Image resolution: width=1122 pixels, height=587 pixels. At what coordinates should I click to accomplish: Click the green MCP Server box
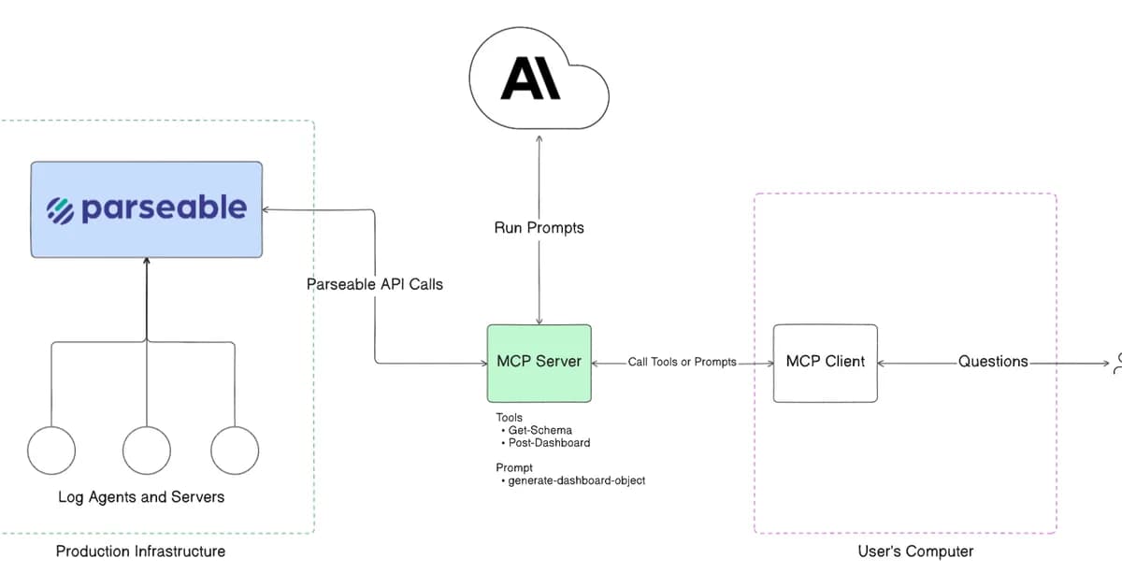click(x=539, y=364)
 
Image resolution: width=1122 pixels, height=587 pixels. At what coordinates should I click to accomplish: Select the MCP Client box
click(x=825, y=364)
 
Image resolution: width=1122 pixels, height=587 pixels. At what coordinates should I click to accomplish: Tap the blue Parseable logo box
click(x=147, y=209)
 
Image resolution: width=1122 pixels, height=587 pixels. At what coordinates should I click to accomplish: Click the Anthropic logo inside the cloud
click(x=530, y=78)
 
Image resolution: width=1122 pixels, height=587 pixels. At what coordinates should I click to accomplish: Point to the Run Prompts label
click(x=539, y=228)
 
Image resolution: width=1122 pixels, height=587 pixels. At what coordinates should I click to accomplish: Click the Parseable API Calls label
click(x=375, y=284)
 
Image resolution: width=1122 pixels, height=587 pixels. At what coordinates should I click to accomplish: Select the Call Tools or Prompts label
click(x=682, y=362)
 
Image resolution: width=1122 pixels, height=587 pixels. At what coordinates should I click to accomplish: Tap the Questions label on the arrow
click(x=993, y=362)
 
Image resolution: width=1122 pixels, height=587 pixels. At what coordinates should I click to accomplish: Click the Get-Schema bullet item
click(x=539, y=431)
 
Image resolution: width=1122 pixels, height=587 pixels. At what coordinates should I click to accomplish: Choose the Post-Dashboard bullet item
click(x=549, y=443)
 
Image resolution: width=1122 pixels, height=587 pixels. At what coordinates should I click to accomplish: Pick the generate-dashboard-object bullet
click(x=575, y=480)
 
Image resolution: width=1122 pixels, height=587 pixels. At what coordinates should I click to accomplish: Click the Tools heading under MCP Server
click(x=510, y=418)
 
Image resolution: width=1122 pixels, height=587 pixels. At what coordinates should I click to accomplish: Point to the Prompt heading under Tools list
click(x=514, y=467)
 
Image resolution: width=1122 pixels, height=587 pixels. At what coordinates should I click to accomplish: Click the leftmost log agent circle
click(x=50, y=451)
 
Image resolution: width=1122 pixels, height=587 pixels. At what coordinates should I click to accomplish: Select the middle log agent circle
click(x=146, y=451)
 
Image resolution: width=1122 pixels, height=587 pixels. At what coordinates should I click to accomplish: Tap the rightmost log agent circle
click(x=234, y=451)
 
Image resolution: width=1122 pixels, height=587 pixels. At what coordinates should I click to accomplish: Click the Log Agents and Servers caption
click(x=141, y=497)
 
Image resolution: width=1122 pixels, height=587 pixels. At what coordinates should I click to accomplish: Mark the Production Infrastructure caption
click(x=140, y=551)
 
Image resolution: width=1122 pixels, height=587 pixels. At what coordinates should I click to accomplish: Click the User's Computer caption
click(x=915, y=551)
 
